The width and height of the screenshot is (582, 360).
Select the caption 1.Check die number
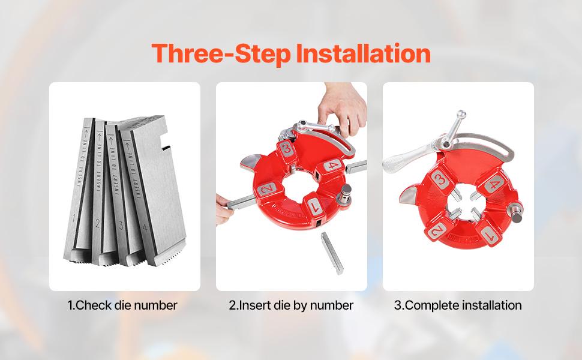(122, 305)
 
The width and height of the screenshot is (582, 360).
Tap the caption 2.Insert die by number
(291, 305)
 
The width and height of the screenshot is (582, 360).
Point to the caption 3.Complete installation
(458, 305)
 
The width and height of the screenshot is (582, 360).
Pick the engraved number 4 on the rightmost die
(146, 228)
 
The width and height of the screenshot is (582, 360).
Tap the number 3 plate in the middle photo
(287, 148)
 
